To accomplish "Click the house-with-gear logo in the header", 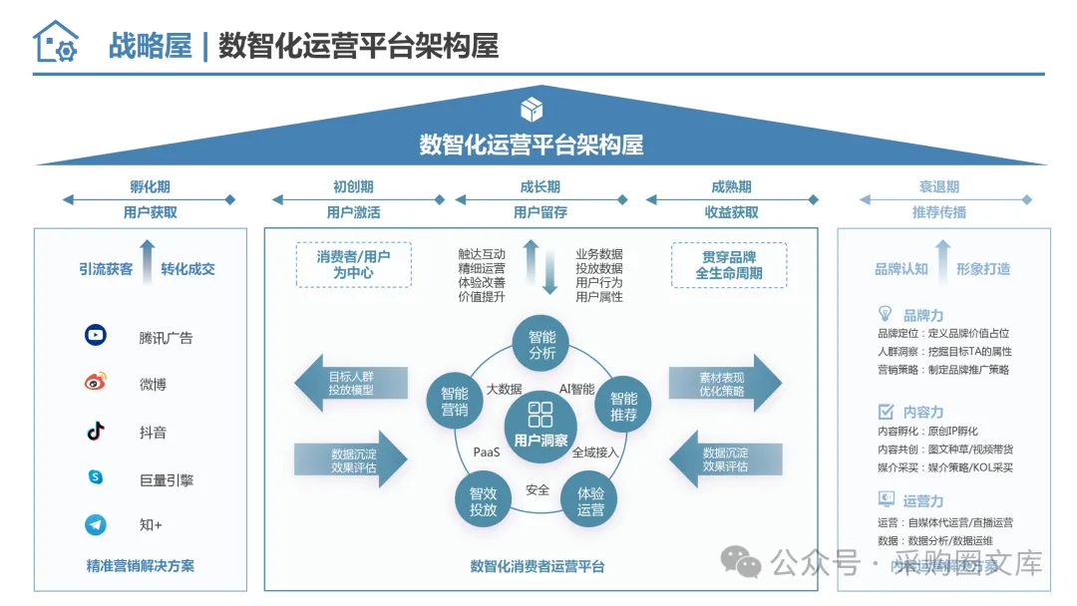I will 55,43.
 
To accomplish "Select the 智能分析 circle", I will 541,345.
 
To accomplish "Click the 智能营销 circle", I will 454,401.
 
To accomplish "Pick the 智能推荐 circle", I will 623,405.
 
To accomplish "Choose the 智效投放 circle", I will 484,501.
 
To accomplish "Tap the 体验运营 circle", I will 590,501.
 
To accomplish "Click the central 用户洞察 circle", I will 540,426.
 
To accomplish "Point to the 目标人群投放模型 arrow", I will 350,383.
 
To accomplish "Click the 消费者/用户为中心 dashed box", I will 353,264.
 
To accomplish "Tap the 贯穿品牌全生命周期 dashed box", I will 729,264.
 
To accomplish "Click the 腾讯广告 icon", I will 96,336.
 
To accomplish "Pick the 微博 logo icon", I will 96,383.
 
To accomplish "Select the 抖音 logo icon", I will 96,431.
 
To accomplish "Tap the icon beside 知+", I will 96,524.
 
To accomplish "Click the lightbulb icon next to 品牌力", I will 885,314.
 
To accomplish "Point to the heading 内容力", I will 922,412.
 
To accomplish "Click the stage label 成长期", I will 539,186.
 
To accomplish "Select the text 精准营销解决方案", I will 141,566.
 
